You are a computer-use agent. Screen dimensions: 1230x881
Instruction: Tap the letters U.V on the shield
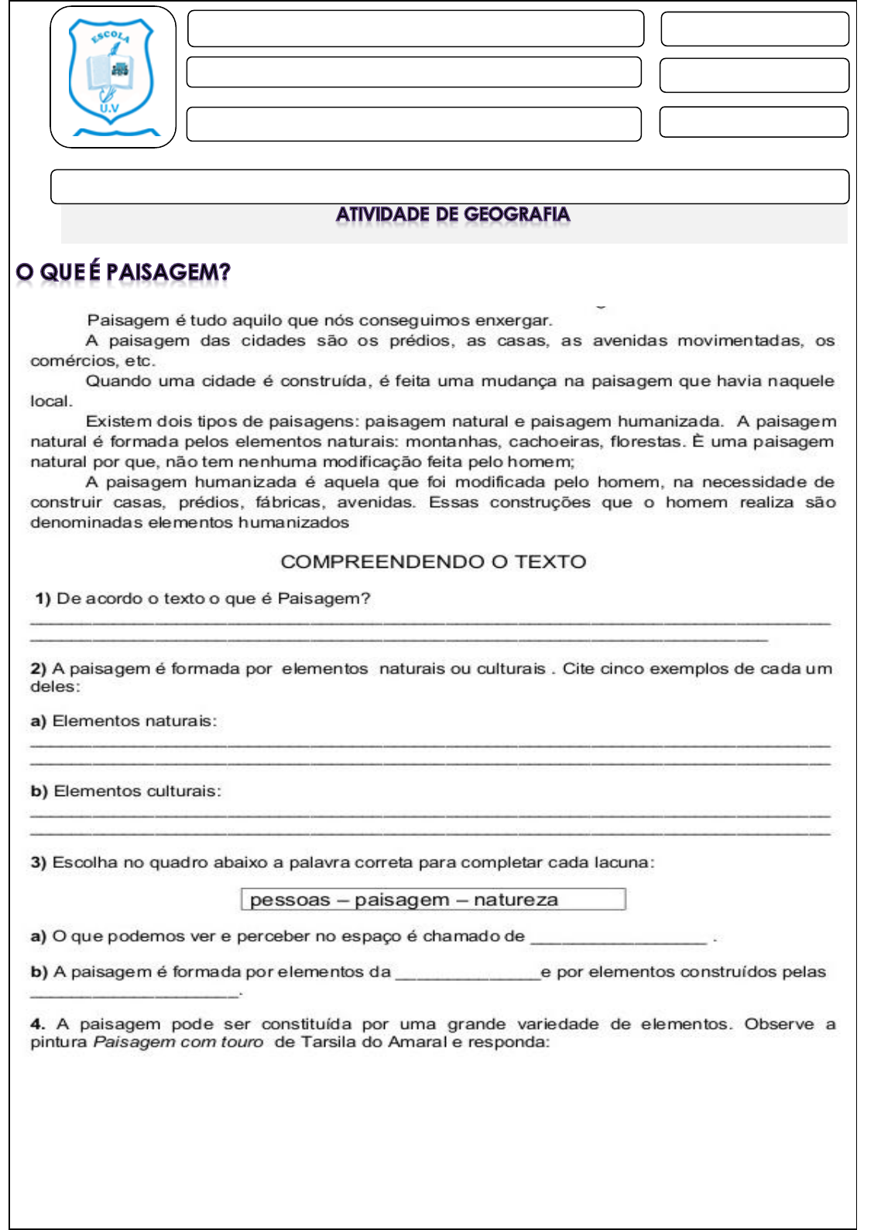pos(109,109)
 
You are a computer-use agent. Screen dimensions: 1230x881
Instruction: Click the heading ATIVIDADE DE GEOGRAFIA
pos(453,214)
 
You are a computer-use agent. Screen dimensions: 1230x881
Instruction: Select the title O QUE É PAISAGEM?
pos(123,272)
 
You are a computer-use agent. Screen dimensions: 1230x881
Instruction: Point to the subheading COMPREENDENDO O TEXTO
pos(434,562)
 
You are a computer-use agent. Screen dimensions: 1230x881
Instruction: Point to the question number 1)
pos(43,598)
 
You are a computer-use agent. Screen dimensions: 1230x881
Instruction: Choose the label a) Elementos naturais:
pos(124,721)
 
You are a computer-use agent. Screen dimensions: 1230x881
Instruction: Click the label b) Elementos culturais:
pos(125,791)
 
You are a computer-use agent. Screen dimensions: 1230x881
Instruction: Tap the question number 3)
pos(39,863)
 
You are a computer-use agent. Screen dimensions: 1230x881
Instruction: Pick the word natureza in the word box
pos(516,900)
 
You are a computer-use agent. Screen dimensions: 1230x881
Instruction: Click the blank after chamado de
pos(619,938)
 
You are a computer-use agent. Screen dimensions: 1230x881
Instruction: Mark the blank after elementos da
pos(468,975)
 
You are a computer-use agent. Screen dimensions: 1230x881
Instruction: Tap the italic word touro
pos(242,1042)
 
